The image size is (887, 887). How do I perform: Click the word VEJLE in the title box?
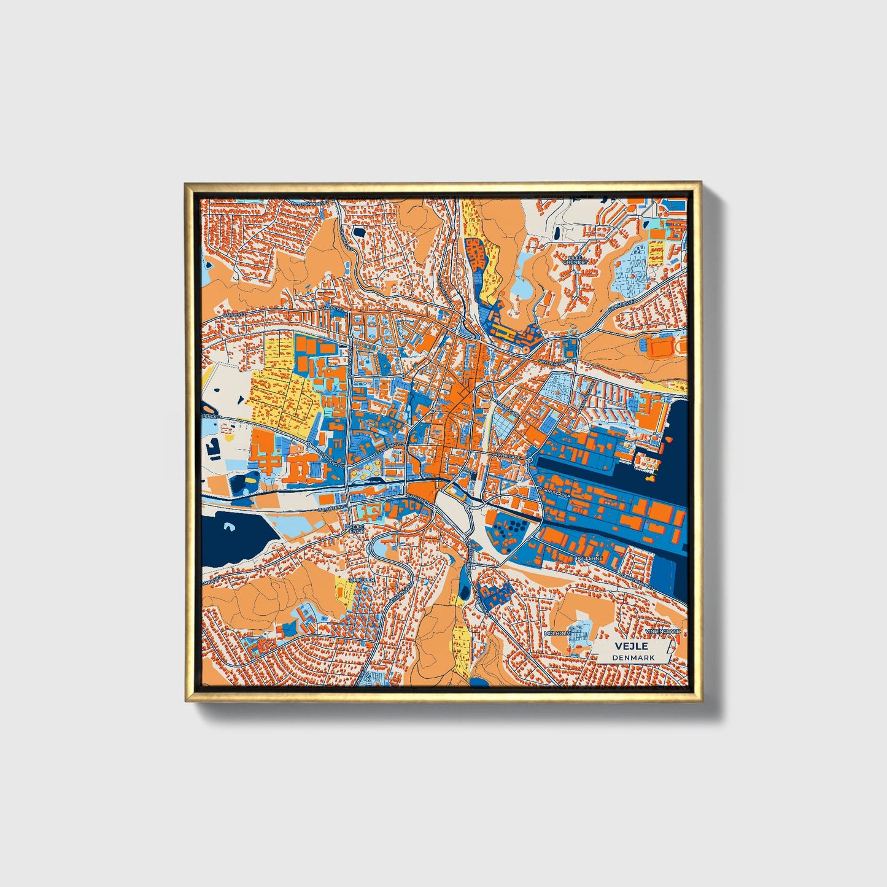tap(632, 646)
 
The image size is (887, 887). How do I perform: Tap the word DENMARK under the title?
tap(633, 657)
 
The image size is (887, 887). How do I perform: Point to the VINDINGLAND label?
tap(662, 632)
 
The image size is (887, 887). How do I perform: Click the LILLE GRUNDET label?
tap(576, 259)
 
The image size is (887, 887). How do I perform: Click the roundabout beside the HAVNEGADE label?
tap(529, 459)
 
